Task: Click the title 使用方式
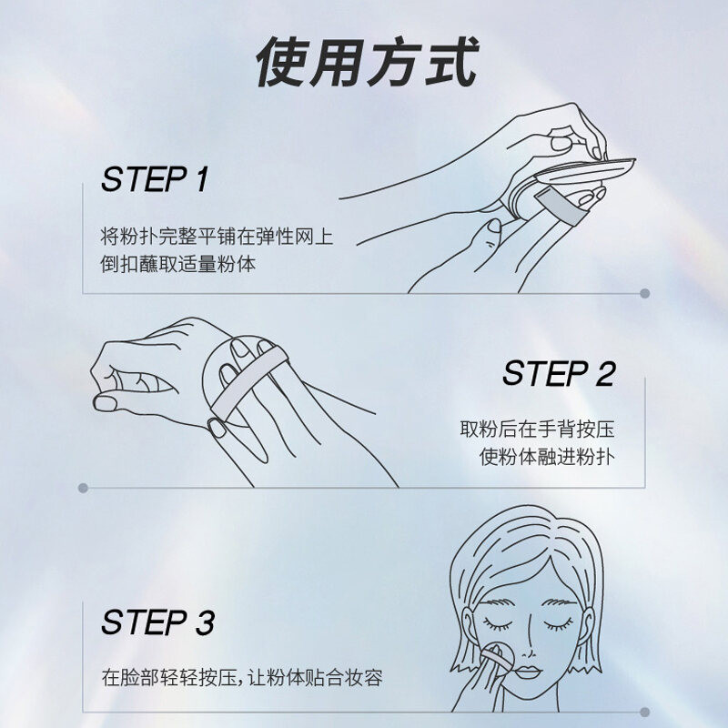[x=368, y=62]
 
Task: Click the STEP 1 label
[x=155, y=179]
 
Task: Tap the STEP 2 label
[x=559, y=373]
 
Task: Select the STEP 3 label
[x=157, y=622]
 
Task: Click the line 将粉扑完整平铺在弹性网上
[x=217, y=237]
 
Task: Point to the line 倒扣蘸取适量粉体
[x=178, y=264]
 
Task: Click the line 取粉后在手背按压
[x=538, y=429]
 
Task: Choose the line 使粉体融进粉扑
[x=548, y=457]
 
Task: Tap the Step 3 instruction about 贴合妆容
[x=242, y=677]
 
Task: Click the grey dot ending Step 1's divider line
[x=644, y=293]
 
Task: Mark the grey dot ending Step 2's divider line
[x=83, y=488]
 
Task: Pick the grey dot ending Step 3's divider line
[x=644, y=712]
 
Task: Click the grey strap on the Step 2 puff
[x=248, y=383]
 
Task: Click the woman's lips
[x=527, y=672]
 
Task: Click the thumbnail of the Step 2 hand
[x=105, y=403]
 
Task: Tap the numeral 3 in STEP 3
[x=205, y=622]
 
